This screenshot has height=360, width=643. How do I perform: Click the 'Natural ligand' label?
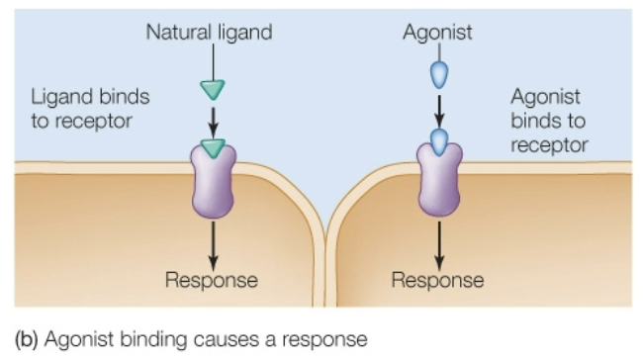[209, 33]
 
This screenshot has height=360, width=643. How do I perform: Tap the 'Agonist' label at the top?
[437, 33]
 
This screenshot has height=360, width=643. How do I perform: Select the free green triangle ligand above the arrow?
[212, 90]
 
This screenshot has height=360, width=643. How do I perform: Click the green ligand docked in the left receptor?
[212, 148]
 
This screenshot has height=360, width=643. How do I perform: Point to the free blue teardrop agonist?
[437, 76]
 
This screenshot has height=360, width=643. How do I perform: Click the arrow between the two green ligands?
[212, 120]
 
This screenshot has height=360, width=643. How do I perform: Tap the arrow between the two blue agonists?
[437, 107]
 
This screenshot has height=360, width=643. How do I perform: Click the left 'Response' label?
[212, 280]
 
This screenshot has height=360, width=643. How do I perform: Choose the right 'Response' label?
[437, 280]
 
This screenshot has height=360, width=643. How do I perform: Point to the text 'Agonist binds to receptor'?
[549, 121]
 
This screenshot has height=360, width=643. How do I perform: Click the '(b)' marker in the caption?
[26, 339]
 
